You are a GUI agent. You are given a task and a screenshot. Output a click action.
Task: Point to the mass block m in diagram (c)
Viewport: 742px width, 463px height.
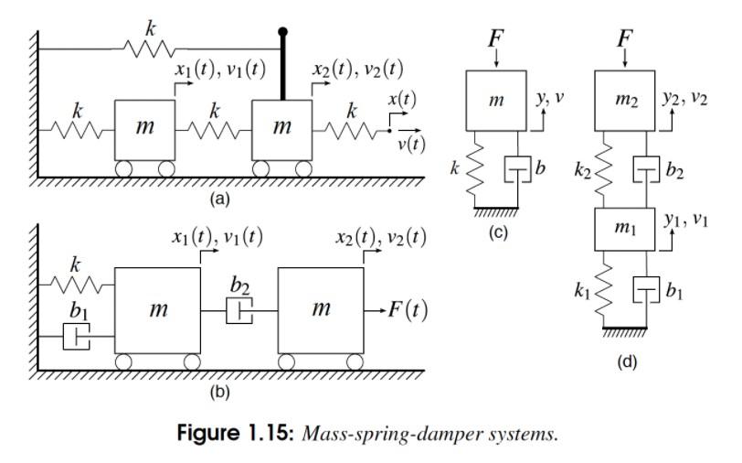[x=496, y=101]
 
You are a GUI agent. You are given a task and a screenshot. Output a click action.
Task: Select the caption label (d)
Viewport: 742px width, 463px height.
[x=625, y=361]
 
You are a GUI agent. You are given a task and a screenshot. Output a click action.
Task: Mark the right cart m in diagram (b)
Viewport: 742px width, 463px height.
[x=320, y=311]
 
